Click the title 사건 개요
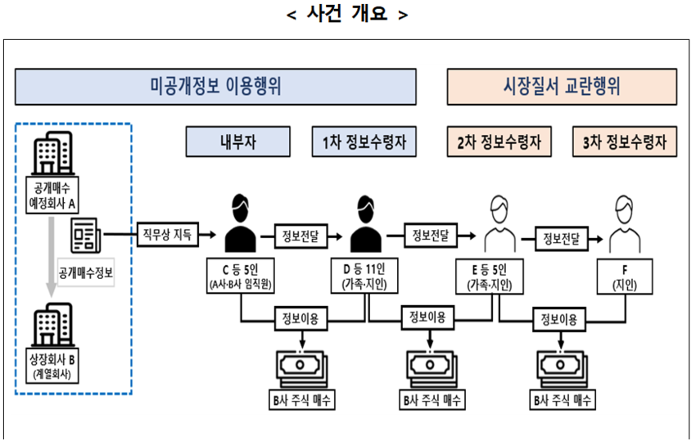tap(347, 14)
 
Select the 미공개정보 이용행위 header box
tap(215, 87)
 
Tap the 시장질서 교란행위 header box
tap(562, 87)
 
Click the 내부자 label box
tap(238, 142)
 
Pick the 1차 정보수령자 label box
tap(364, 142)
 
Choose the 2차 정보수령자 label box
tap(499, 142)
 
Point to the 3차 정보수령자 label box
tap(625, 142)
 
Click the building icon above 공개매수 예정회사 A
tap(52, 153)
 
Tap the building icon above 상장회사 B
tap(52, 325)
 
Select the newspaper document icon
tap(86, 235)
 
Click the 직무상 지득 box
tap(167, 234)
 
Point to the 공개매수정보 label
tap(86, 272)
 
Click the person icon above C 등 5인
tap(240, 223)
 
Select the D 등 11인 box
tap(364, 276)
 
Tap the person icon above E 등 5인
tap(499, 224)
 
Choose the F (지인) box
tap(625, 277)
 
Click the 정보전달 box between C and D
tap(301, 236)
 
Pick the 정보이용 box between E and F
tap(558, 319)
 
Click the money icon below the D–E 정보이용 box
tap(431, 368)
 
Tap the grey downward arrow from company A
tap(52, 256)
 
